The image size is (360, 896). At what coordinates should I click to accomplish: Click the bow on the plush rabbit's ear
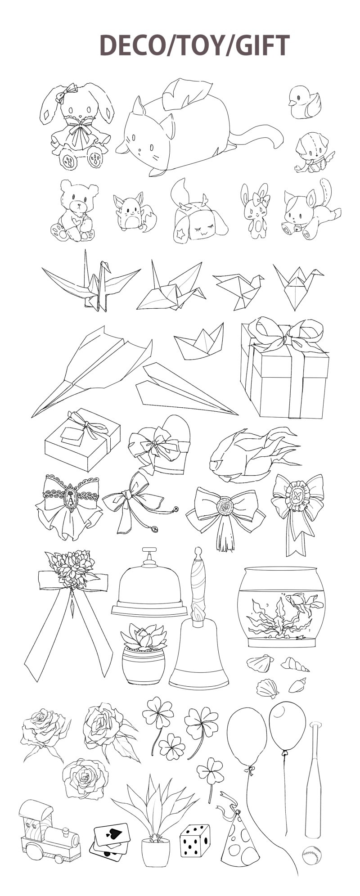66,94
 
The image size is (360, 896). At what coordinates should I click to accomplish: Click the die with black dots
195,841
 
